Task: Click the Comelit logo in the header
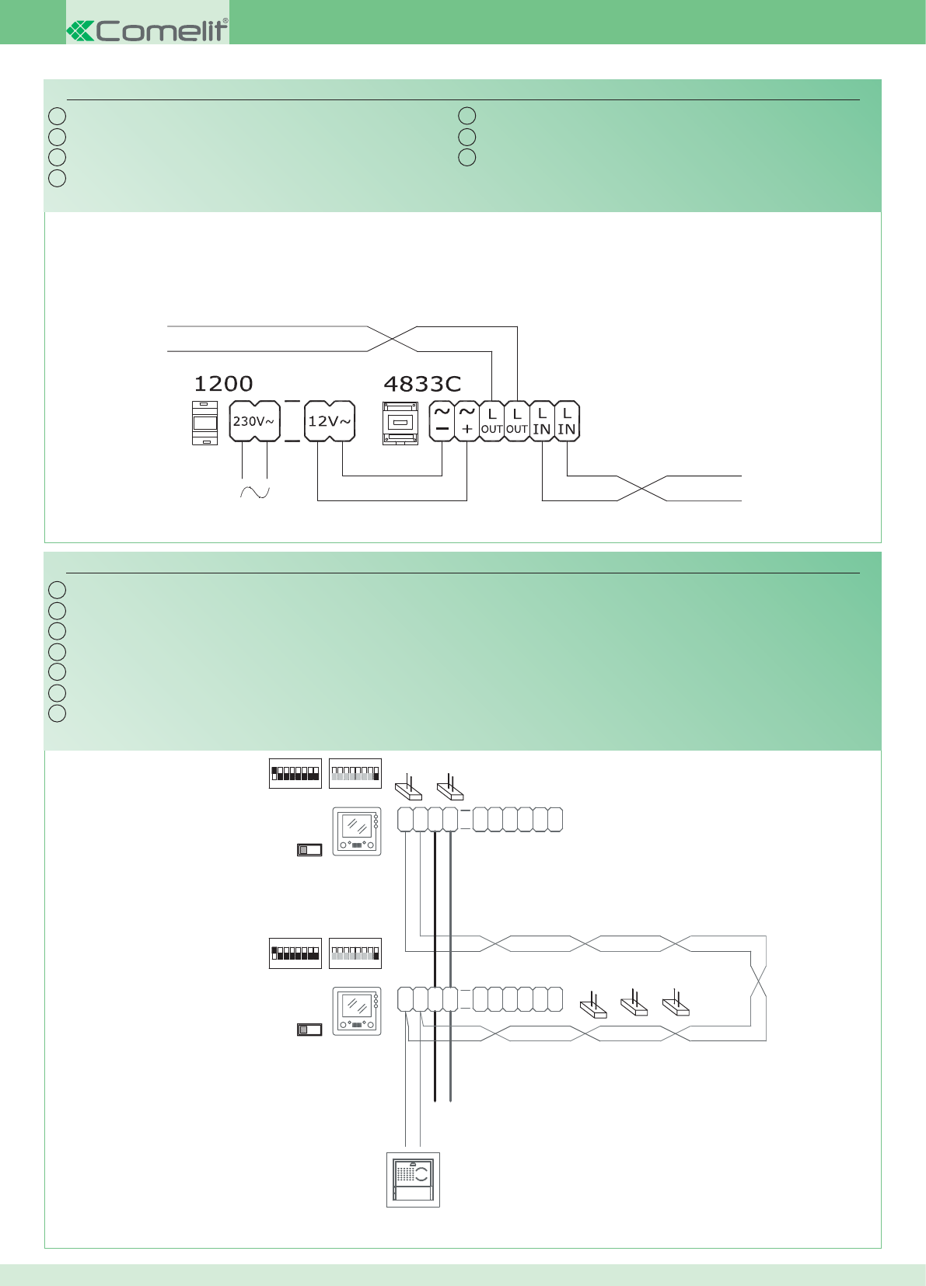(x=148, y=30)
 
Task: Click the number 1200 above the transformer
(x=223, y=384)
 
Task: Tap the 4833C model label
(x=422, y=384)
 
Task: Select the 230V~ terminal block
(x=254, y=421)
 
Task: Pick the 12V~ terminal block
(x=330, y=421)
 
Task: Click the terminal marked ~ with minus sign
(x=442, y=420)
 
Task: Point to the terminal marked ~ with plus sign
(x=466, y=420)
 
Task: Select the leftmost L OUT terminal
(x=491, y=420)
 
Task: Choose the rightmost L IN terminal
(x=567, y=420)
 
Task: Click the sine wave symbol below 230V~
(x=254, y=492)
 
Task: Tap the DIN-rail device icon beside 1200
(x=204, y=423)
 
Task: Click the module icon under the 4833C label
(x=400, y=423)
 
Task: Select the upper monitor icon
(x=357, y=831)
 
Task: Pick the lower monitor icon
(x=357, y=1011)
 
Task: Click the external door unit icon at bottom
(x=413, y=1180)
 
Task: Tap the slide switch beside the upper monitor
(x=309, y=850)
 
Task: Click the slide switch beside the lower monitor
(x=309, y=1030)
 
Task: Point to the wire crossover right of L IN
(x=642, y=488)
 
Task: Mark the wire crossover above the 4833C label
(x=392, y=339)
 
